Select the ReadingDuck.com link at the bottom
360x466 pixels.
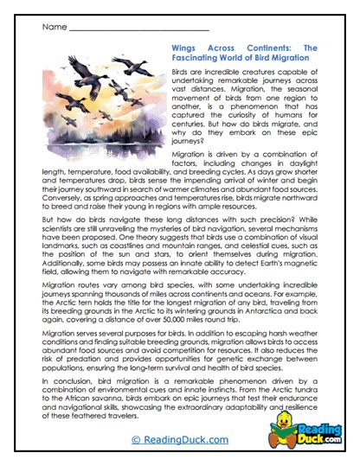(179, 440)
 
